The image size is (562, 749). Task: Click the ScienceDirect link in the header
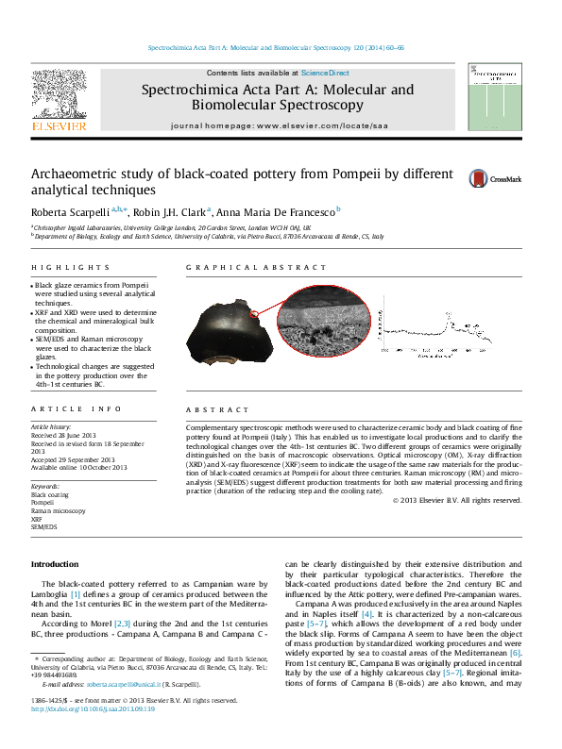click(x=325, y=73)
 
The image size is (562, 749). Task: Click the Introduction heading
click(x=55, y=563)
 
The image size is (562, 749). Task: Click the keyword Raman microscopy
click(x=59, y=510)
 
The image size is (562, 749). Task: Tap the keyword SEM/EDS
click(x=44, y=527)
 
